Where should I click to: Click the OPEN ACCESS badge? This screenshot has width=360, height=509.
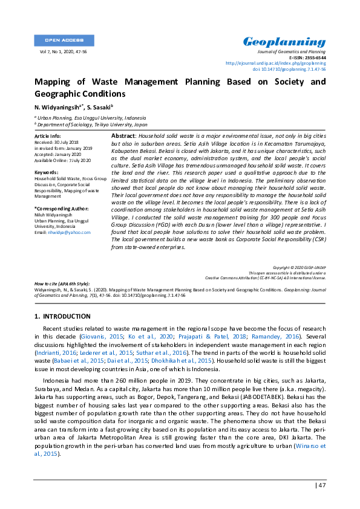click(x=64, y=41)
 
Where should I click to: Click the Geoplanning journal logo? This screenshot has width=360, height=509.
click(x=284, y=42)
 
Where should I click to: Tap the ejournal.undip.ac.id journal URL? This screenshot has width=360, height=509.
click(x=275, y=63)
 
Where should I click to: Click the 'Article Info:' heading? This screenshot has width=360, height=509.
click(x=48, y=137)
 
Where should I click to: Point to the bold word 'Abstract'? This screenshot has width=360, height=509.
click(x=123, y=137)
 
